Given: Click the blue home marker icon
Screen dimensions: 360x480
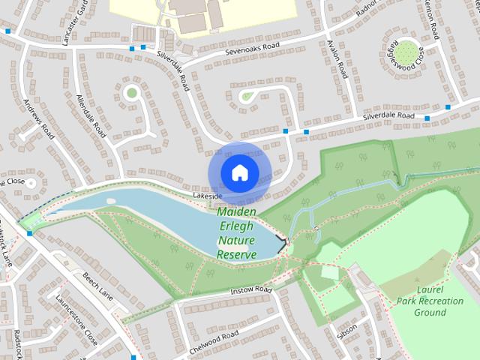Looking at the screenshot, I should (x=239, y=172).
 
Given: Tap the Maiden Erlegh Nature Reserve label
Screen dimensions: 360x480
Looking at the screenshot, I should (x=237, y=233).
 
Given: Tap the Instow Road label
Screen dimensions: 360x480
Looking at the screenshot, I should (x=250, y=290).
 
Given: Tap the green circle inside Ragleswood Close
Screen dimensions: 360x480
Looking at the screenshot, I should (x=406, y=52).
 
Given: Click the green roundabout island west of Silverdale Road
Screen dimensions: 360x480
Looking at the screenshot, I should (x=132, y=93).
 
